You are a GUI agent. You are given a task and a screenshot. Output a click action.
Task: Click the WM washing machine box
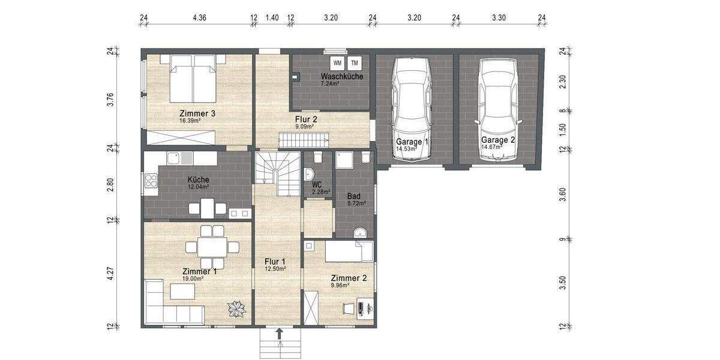point(337,62)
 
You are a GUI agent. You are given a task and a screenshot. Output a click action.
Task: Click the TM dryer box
point(355,62)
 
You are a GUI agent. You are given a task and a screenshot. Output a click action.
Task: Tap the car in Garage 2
point(497,110)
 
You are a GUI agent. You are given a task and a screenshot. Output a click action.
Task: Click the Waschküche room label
point(341,77)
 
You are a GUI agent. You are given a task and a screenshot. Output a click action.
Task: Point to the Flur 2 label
point(306,119)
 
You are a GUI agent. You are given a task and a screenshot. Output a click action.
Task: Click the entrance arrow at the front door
point(279,333)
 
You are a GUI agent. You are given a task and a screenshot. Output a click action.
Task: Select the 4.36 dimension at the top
point(199,18)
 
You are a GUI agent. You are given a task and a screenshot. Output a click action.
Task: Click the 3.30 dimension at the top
point(499,18)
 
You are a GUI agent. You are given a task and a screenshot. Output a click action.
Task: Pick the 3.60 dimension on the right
point(563,195)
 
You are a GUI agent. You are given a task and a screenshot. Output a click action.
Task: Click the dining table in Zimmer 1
point(206,246)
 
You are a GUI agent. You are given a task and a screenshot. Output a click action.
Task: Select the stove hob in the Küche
point(151,181)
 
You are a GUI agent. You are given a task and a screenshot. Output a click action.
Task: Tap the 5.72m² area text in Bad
point(356,204)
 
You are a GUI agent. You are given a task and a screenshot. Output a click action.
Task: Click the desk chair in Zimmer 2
point(347,308)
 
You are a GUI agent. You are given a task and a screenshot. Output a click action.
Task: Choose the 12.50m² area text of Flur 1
point(275,269)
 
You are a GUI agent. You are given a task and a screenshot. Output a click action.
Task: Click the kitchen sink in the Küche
point(178,158)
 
